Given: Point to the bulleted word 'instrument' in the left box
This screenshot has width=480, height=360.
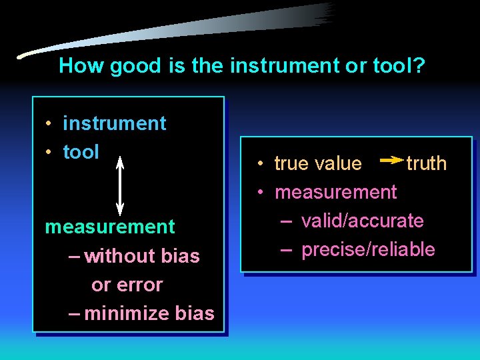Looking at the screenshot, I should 114,123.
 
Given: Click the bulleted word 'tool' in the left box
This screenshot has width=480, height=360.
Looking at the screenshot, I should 81,152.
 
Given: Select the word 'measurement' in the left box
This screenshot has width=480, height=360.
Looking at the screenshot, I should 109,227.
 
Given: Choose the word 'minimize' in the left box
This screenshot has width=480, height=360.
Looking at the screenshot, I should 126,313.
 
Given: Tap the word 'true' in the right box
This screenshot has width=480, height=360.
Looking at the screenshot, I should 291,164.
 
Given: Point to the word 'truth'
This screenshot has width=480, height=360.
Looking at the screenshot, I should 427,164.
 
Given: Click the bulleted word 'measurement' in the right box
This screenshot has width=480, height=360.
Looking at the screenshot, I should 335,193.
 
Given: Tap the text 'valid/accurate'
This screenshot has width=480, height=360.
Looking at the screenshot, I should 362,221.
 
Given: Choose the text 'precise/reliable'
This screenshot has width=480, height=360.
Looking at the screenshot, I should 368,250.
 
